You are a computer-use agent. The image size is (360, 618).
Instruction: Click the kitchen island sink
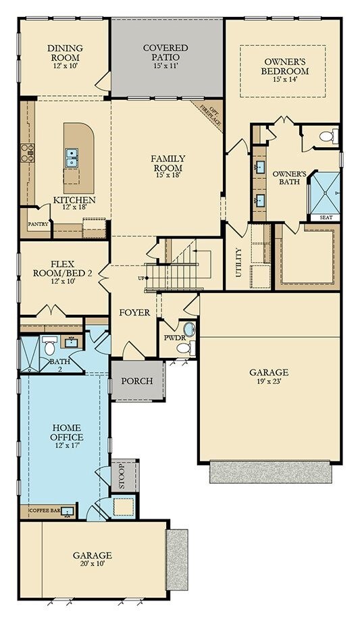[x=71, y=158]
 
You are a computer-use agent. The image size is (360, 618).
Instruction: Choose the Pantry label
[x=37, y=224]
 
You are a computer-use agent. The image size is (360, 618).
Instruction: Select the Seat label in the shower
[x=325, y=217]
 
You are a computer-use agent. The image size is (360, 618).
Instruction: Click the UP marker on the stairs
[x=141, y=278]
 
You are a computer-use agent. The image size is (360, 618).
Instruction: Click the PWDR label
[x=171, y=337]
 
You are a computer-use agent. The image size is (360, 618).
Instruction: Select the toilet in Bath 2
[x=50, y=346]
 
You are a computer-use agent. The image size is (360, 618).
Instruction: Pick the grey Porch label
[x=137, y=381]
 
